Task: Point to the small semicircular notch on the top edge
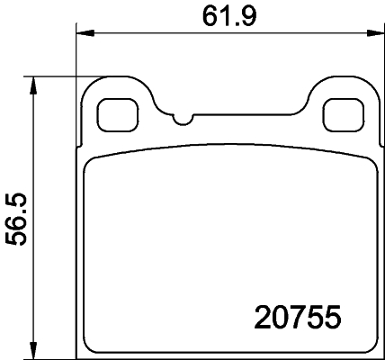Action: (x=183, y=118)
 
